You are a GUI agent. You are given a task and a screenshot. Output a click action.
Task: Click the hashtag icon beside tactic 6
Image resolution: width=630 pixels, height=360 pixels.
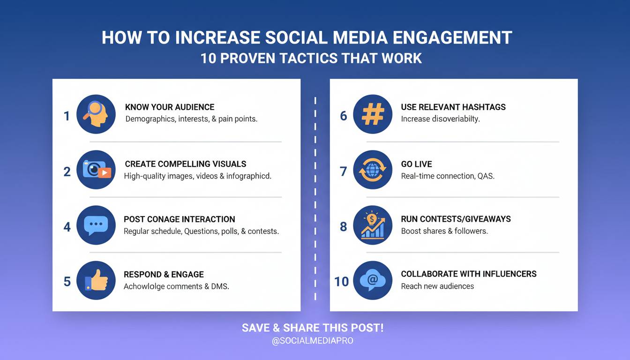point(373,114)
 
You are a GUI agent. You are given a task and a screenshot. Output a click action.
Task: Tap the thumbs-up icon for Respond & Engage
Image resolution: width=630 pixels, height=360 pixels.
point(96,280)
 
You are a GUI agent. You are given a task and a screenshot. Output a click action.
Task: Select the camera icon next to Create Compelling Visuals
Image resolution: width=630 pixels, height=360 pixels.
point(97,169)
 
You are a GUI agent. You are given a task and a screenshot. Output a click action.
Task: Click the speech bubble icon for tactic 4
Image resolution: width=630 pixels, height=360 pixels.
point(96,225)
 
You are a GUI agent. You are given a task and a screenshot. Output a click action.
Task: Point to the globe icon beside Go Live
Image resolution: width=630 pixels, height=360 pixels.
point(372,170)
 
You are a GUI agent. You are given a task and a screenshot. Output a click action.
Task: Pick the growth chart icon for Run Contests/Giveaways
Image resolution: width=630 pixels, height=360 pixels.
point(373,225)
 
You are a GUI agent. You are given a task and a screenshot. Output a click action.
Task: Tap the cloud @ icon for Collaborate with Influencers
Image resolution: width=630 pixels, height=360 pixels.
point(373,280)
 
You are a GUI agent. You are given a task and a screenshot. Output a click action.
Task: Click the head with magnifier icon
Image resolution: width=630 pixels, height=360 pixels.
point(96,114)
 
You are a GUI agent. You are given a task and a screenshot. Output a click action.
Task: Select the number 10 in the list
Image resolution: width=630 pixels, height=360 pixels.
point(341,282)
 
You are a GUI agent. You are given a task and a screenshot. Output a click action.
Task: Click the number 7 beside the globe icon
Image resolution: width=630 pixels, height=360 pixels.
point(344,171)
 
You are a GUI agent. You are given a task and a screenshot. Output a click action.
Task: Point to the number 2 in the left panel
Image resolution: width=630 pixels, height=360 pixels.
point(67,172)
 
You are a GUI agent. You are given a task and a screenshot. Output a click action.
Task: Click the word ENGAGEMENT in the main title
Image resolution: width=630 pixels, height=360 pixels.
point(452,37)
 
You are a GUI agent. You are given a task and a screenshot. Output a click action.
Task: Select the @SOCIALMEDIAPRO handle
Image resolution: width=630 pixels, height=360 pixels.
point(313,341)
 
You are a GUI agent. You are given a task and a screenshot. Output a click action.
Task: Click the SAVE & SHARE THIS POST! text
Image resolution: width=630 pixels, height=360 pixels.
point(313,328)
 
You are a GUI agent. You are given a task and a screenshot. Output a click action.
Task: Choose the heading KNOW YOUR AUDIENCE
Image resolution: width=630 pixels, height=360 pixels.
point(170,107)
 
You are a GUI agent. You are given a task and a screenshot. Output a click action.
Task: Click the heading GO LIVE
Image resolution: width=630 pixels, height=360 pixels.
point(417,164)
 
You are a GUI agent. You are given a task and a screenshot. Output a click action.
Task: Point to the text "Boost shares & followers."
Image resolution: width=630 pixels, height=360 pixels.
point(444,231)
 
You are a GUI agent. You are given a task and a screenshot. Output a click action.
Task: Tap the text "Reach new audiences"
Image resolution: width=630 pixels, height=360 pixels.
point(437,286)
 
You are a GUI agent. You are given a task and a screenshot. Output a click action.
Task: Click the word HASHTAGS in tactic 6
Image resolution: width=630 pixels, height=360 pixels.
point(484,107)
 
